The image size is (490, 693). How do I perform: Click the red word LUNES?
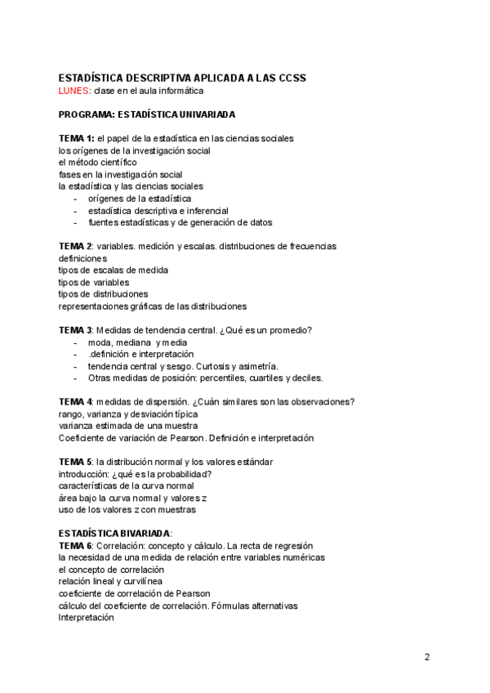73,90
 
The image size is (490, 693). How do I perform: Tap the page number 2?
427,656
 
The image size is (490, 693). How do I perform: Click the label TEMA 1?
76,137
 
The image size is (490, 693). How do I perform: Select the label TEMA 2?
74,246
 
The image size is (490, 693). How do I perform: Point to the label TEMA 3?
75,330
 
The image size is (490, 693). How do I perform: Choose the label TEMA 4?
75,401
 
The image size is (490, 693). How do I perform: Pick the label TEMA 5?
75,462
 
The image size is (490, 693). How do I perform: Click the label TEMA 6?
75,545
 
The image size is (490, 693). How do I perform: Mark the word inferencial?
195,210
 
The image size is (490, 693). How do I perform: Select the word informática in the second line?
177,90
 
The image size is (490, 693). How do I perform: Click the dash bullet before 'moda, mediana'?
76,342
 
